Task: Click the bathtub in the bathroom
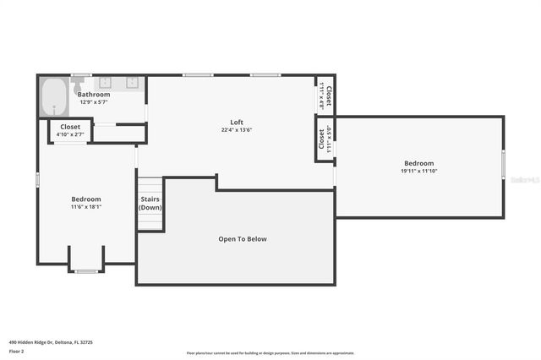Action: click(55, 97)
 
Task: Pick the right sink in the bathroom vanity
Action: click(133, 83)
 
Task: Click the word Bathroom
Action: click(94, 95)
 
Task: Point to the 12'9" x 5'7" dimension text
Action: click(94, 101)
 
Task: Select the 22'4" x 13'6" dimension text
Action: click(237, 130)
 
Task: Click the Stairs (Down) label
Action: click(150, 204)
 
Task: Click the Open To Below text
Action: click(243, 239)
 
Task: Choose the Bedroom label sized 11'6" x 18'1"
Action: click(86, 203)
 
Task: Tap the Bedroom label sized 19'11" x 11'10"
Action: click(418, 166)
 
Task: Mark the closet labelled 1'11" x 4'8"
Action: click(325, 95)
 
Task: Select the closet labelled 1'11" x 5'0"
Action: click(325, 137)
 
